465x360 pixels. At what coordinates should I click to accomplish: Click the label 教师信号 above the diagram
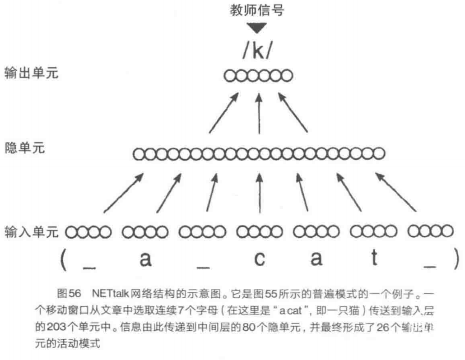[x=257, y=10]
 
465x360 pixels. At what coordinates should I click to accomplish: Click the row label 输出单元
[x=31, y=73]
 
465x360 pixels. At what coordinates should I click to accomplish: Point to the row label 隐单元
[x=24, y=148]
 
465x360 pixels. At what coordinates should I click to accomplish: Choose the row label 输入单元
[x=31, y=232]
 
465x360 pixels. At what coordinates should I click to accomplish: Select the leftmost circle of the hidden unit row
[x=139, y=154]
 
